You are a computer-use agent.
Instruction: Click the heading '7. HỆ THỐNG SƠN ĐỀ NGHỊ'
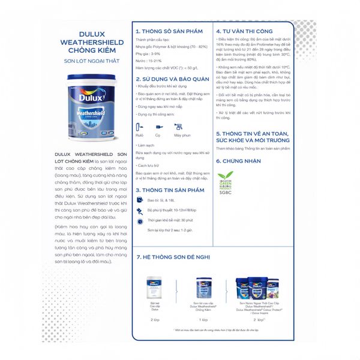click(173, 257)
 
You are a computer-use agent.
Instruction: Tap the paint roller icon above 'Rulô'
click(140, 127)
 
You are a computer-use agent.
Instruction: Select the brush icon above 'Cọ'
click(159, 127)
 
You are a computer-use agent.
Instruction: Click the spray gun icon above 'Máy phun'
click(178, 127)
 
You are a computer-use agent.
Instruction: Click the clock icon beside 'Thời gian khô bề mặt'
click(140, 221)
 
